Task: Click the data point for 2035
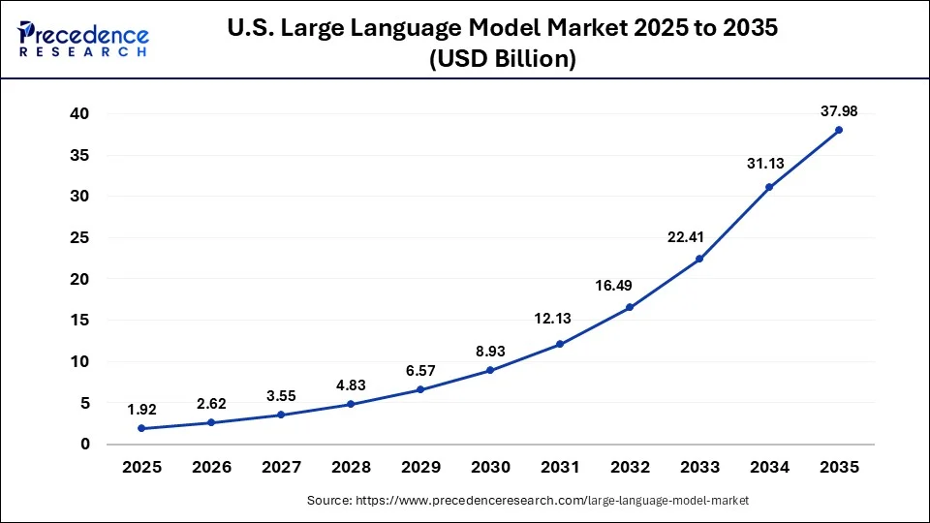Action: (x=839, y=130)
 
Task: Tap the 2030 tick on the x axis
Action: (x=490, y=467)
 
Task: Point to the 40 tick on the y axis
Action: (x=78, y=113)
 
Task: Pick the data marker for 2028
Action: (x=351, y=404)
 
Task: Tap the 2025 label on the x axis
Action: (x=141, y=467)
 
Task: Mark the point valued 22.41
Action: (x=699, y=259)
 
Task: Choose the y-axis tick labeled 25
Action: (x=78, y=237)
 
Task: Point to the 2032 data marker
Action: (x=630, y=307)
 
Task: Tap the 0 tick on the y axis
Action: (x=85, y=445)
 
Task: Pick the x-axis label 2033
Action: (x=699, y=467)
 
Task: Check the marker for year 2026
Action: (x=211, y=422)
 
